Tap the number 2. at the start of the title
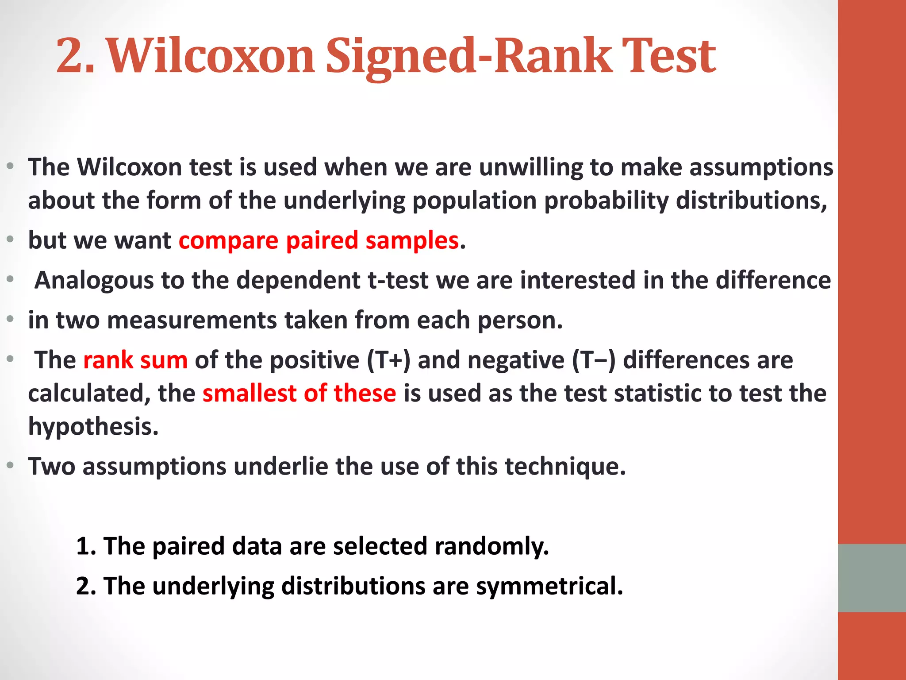(x=75, y=57)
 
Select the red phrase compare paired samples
(x=319, y=241)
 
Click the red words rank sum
(x=135, y=360)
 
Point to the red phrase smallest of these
(x=299, y=393)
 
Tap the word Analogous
(x=94, y=281)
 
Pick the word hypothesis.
(x=93, y=426)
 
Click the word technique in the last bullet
(x=565, y=467)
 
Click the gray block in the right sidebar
(x=871, y=578)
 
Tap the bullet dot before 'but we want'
(x=11, y=240)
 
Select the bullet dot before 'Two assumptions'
(x=11, y=466)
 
